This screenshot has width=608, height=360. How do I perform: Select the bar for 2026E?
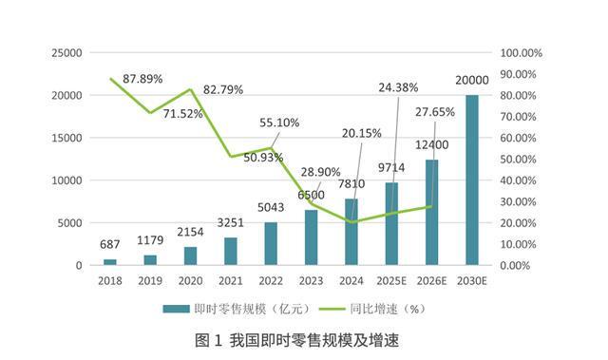432,212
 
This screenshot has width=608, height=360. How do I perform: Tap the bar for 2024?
351,231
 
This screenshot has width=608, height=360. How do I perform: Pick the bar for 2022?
271,243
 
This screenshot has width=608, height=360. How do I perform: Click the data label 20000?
471,80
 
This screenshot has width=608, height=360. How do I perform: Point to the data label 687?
111,244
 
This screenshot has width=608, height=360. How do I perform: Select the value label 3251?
231,222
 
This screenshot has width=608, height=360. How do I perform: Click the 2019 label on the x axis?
150,281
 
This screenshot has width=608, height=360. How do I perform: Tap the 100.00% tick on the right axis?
521,52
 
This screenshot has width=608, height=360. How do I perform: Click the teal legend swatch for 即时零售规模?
175,308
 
